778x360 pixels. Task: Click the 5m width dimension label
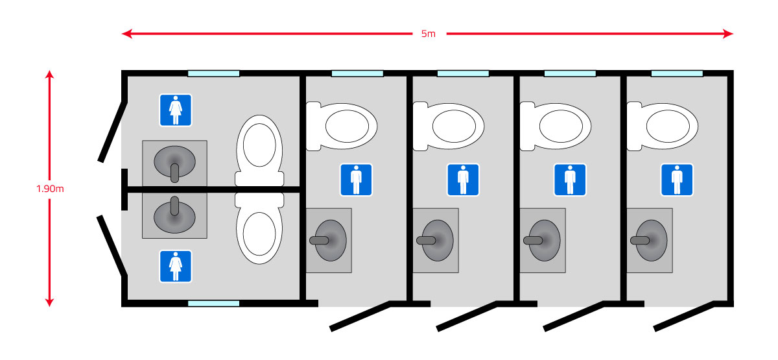tap(428, 34)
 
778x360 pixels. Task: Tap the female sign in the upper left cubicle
tap(175, 110)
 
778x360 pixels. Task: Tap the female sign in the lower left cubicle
tap(175, 266)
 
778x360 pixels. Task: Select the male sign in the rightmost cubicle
tap(677, 180)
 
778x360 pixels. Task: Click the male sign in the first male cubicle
tap(356, 180)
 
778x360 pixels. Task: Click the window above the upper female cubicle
tap(213, 73)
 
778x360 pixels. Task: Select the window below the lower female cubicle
tap(213, 303)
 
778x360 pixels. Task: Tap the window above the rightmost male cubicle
tap(676, 73)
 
